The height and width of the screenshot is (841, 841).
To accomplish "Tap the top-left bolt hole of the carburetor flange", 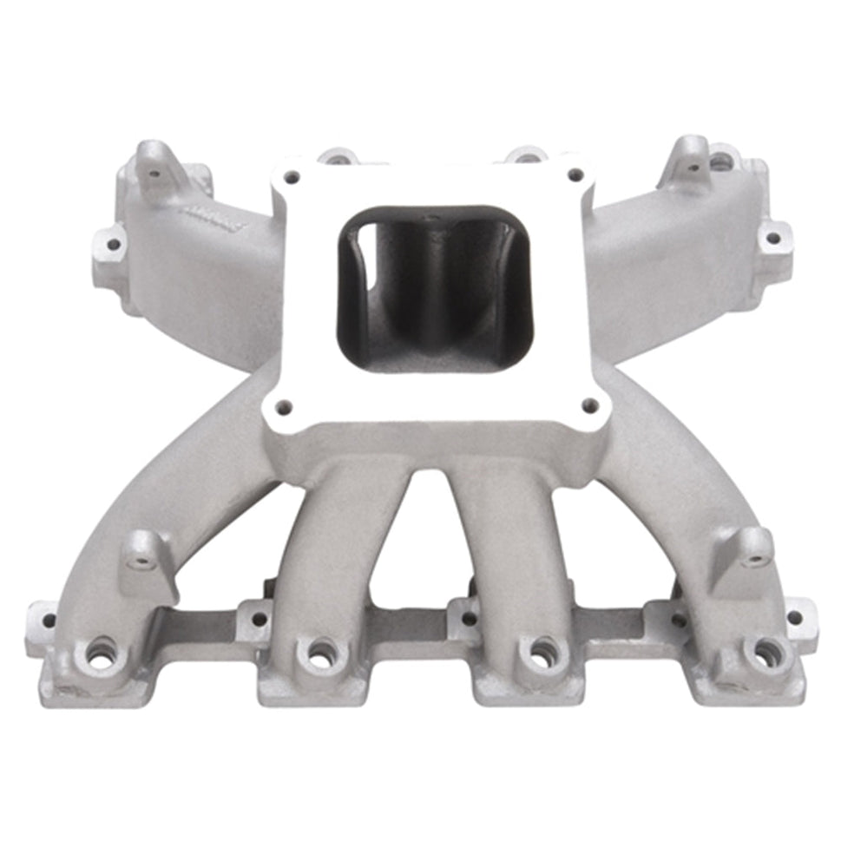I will (291, 177).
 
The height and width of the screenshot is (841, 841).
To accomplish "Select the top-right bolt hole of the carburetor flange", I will (574, 174).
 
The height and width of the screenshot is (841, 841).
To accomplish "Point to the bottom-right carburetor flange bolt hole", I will (590, 404).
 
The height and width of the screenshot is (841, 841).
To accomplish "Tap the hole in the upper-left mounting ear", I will (154, 173).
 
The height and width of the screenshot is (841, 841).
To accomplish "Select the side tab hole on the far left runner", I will (112, 244).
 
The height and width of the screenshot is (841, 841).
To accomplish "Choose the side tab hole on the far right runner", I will (770, 235).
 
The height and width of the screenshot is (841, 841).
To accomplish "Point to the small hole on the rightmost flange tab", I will (793, 617).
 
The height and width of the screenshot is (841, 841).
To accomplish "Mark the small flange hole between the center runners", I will (469, 618).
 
